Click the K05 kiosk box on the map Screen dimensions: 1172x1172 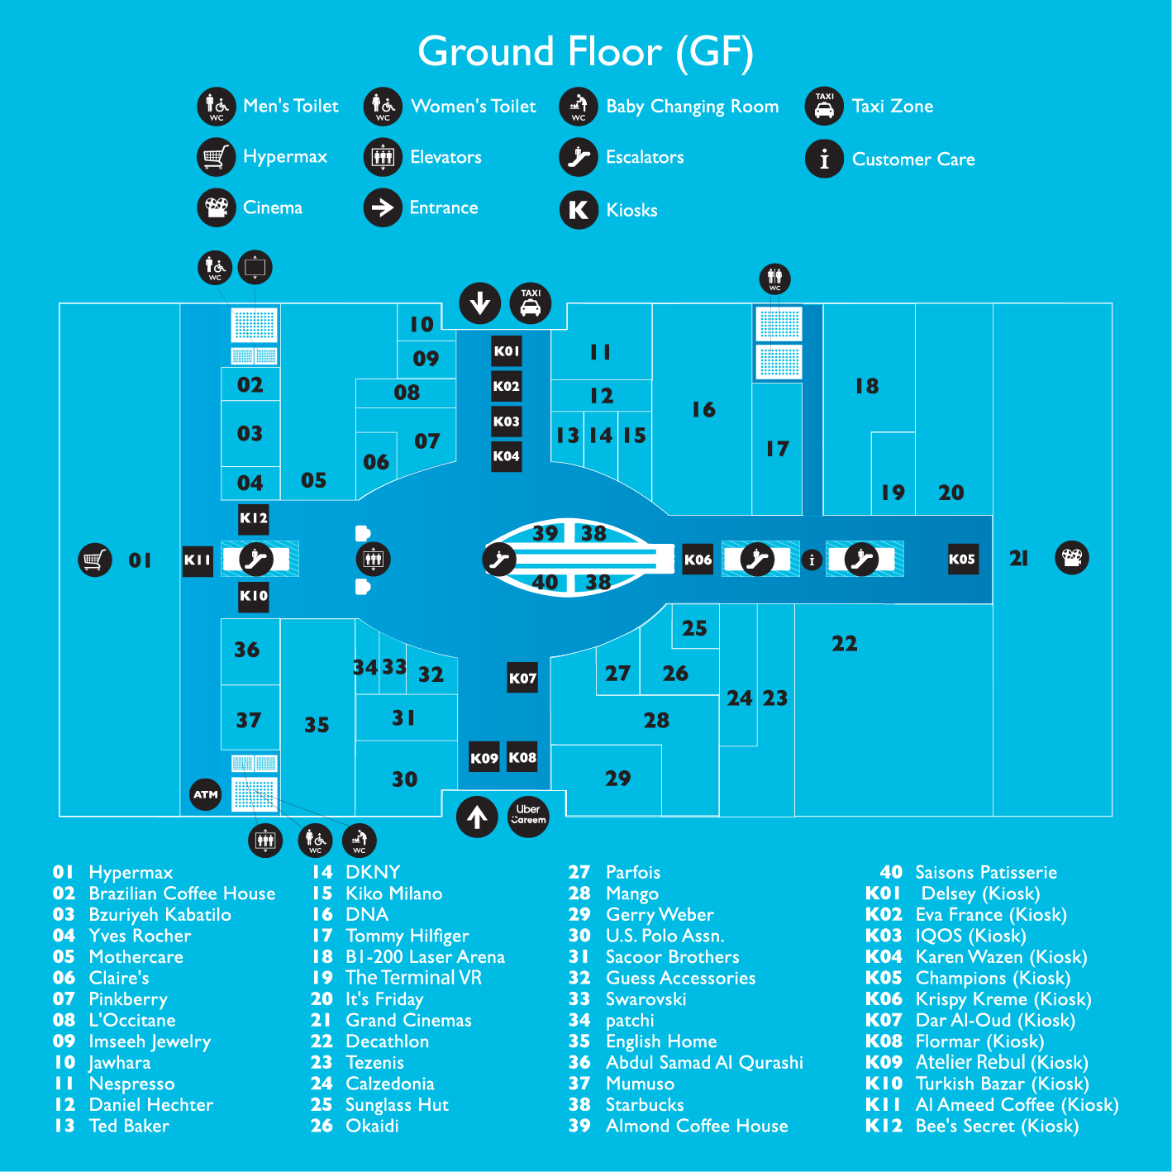[x=962, y=559]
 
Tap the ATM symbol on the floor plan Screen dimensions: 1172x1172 [x=205, y=794]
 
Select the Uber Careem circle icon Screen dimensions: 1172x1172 [x=528, y=816]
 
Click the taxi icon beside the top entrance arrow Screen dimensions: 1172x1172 [x=531, y=303]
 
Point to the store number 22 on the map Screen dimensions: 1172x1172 [x=844, y=644]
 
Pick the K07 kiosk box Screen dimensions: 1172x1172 [x=522, y=678]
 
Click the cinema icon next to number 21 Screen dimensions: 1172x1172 [x=1072, y=558]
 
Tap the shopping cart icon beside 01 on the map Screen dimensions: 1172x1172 [x=95, y=560]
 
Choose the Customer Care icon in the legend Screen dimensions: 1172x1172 [x=824, y=159]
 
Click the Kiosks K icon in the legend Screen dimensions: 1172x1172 [x=579, y=210]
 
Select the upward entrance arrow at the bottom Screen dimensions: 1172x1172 [x=477, y=817]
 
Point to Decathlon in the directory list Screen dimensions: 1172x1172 [x=387, y=1041]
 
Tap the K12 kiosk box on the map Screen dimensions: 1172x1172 [x=254, y=518]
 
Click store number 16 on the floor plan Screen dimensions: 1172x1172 [x=703, y=410]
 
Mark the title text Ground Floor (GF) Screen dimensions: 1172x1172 [x=585, y=51]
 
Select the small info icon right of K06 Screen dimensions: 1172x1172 [x=812, y=560]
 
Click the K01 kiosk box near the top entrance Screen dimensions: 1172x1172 [x=507, y=351]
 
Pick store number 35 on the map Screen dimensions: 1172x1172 [x=317, y=725]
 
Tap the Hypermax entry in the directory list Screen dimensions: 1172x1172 [x=131, y=873]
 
